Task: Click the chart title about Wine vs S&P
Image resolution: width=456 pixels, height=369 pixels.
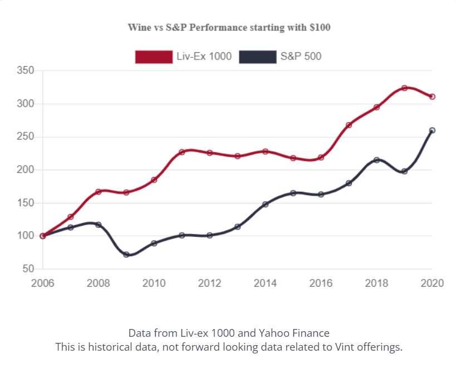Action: pos(229,27)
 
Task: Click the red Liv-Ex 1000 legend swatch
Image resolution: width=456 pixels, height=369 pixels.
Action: pos(154,56)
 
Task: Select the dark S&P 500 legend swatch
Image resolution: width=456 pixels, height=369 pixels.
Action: pos(257,56)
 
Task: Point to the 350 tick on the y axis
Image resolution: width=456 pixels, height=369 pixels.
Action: pos(26,71)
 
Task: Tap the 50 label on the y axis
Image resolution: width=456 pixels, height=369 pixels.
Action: pos(29,269)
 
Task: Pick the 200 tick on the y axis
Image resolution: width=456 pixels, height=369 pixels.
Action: pos(26,170)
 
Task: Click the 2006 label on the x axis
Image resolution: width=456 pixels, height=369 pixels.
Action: pos(42,283)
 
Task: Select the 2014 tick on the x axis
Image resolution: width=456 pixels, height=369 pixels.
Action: pos(265,283)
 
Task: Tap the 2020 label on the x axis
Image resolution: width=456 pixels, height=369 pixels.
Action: pos(432,283)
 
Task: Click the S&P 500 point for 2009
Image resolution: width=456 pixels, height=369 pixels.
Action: pos(126,255)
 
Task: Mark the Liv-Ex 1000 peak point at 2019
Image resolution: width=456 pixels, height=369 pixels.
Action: pos(404,88)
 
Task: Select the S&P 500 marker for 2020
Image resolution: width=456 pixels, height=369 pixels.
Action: pos(432,131)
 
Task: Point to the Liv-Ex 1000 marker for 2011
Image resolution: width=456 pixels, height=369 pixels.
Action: pos(182,152)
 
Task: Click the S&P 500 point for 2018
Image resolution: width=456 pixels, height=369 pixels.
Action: pos(376,160)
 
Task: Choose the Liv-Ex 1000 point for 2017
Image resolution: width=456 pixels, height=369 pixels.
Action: pos(349,125)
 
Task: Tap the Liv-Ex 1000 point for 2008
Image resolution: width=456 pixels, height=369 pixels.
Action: pos(98,192)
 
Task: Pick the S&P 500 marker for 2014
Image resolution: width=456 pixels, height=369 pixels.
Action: pos(265,205)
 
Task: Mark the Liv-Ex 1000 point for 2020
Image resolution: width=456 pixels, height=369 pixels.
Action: pos(432,97)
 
